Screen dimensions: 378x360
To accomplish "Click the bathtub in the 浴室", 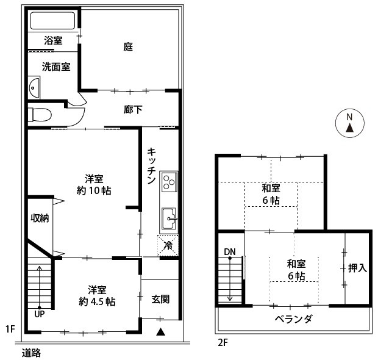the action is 52,21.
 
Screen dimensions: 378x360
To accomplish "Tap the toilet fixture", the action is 40,115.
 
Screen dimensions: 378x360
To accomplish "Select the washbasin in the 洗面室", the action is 34,87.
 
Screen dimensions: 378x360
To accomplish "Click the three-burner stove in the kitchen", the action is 169,182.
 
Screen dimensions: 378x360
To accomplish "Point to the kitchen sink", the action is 169,218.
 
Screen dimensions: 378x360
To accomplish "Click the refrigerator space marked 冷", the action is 168,246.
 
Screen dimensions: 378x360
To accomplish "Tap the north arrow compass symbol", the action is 350,123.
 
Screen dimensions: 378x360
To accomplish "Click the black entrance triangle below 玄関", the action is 160,332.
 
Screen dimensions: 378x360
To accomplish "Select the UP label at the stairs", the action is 39,314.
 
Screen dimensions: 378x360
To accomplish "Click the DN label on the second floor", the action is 230,252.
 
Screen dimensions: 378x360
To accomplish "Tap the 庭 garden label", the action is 128,46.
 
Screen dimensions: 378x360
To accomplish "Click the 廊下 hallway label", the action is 133,110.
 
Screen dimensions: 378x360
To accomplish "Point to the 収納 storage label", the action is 40,218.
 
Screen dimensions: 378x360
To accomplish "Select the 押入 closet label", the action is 357,268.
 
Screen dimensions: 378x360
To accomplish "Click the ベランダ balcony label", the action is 294,319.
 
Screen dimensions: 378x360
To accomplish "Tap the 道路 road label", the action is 31,353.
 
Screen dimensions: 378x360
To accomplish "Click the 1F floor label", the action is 10,329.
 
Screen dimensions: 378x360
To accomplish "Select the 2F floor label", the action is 223,343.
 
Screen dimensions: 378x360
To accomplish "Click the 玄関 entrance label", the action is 160,299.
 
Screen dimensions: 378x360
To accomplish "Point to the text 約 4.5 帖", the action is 97,302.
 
